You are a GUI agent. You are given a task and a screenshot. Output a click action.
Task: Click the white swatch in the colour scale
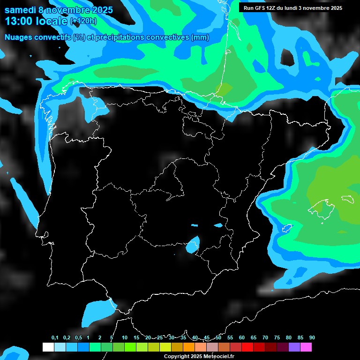pyautogui.click(x=48, y=347)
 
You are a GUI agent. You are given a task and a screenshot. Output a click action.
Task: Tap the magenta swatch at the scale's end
pyautogui.click(x=306, y=347)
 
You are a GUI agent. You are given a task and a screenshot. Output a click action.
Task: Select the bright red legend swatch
pyautogui.click(x=247, y=347)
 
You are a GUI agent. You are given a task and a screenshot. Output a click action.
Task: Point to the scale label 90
pyautogui.click(x=312, y=338)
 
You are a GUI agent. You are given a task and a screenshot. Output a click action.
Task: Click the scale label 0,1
pyautogui.click(x=55, y=338)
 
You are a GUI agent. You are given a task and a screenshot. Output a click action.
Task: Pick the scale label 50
pyautogui.click(x=218, y=338)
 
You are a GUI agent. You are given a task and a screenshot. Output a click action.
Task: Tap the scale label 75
pyautogui.click(x=277, y=338)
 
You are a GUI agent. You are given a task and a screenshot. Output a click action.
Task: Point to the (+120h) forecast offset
pyautogui.click(x=83, y=21)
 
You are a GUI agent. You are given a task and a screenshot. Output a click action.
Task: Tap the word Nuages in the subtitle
pyautogui.click(x=18, y=37)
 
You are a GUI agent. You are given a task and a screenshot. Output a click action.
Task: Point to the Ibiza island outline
pyautogui.click(x=284, y=229)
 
